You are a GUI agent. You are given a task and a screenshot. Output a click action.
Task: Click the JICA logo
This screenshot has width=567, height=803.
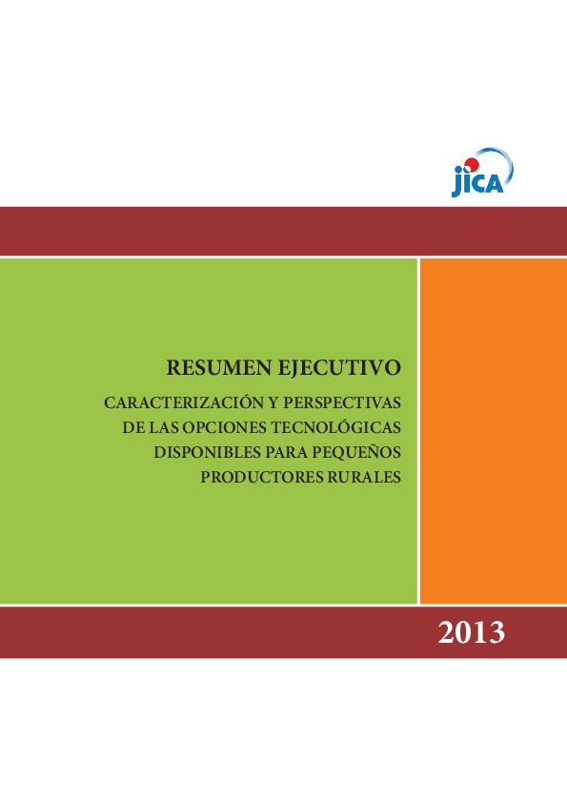coord(482,173)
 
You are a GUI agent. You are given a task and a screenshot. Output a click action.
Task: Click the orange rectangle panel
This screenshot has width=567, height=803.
coord(493,430)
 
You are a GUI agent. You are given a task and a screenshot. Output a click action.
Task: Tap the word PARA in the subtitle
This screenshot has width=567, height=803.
coord(287,451)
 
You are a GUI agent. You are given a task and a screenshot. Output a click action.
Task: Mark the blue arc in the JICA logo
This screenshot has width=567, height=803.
coord(501,162)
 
